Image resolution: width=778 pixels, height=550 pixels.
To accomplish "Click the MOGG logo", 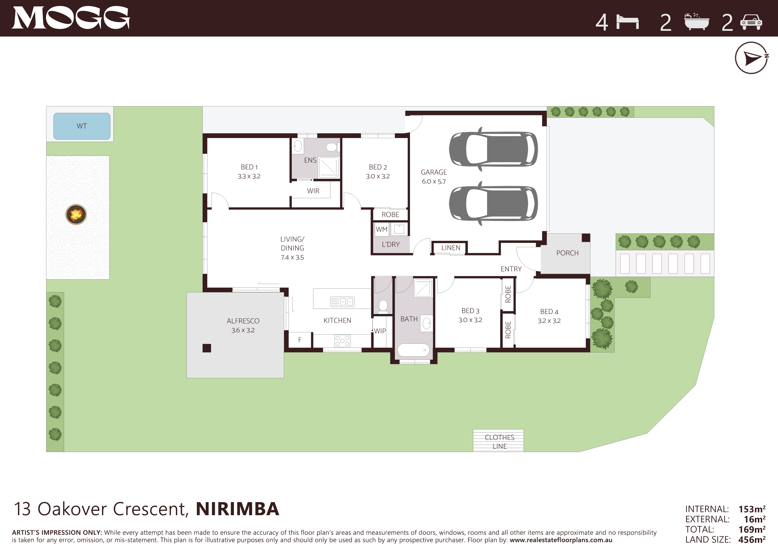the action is pyautogui.click(x=71, y=18).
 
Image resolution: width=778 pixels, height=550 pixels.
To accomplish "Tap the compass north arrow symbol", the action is pyautogui.click(x=751, y=58).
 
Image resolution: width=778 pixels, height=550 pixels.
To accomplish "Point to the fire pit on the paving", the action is pyautogui.click(x=76, y=214).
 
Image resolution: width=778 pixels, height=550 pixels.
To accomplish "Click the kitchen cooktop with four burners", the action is pyautogui.click(x=342, y=341).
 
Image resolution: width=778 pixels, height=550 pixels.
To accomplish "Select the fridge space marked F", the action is pyautogui.click(x=300, y=340).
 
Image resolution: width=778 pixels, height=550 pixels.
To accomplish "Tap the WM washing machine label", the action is pyautogui.click(x=381, y=229).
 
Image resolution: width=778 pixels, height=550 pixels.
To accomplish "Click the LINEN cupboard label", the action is pyautogui.click(x=451, y=248).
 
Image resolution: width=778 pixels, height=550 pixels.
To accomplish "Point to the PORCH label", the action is pyautogui.click(x=567, y=253).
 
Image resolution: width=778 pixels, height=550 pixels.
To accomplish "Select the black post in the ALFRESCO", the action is pyautogui.click(x=207, y=348).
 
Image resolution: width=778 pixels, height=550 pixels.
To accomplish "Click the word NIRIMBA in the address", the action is pyautogui.click(x=238, y=509).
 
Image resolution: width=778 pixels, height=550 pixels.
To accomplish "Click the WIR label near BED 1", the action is pyautogui.click(x=313, y=191).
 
